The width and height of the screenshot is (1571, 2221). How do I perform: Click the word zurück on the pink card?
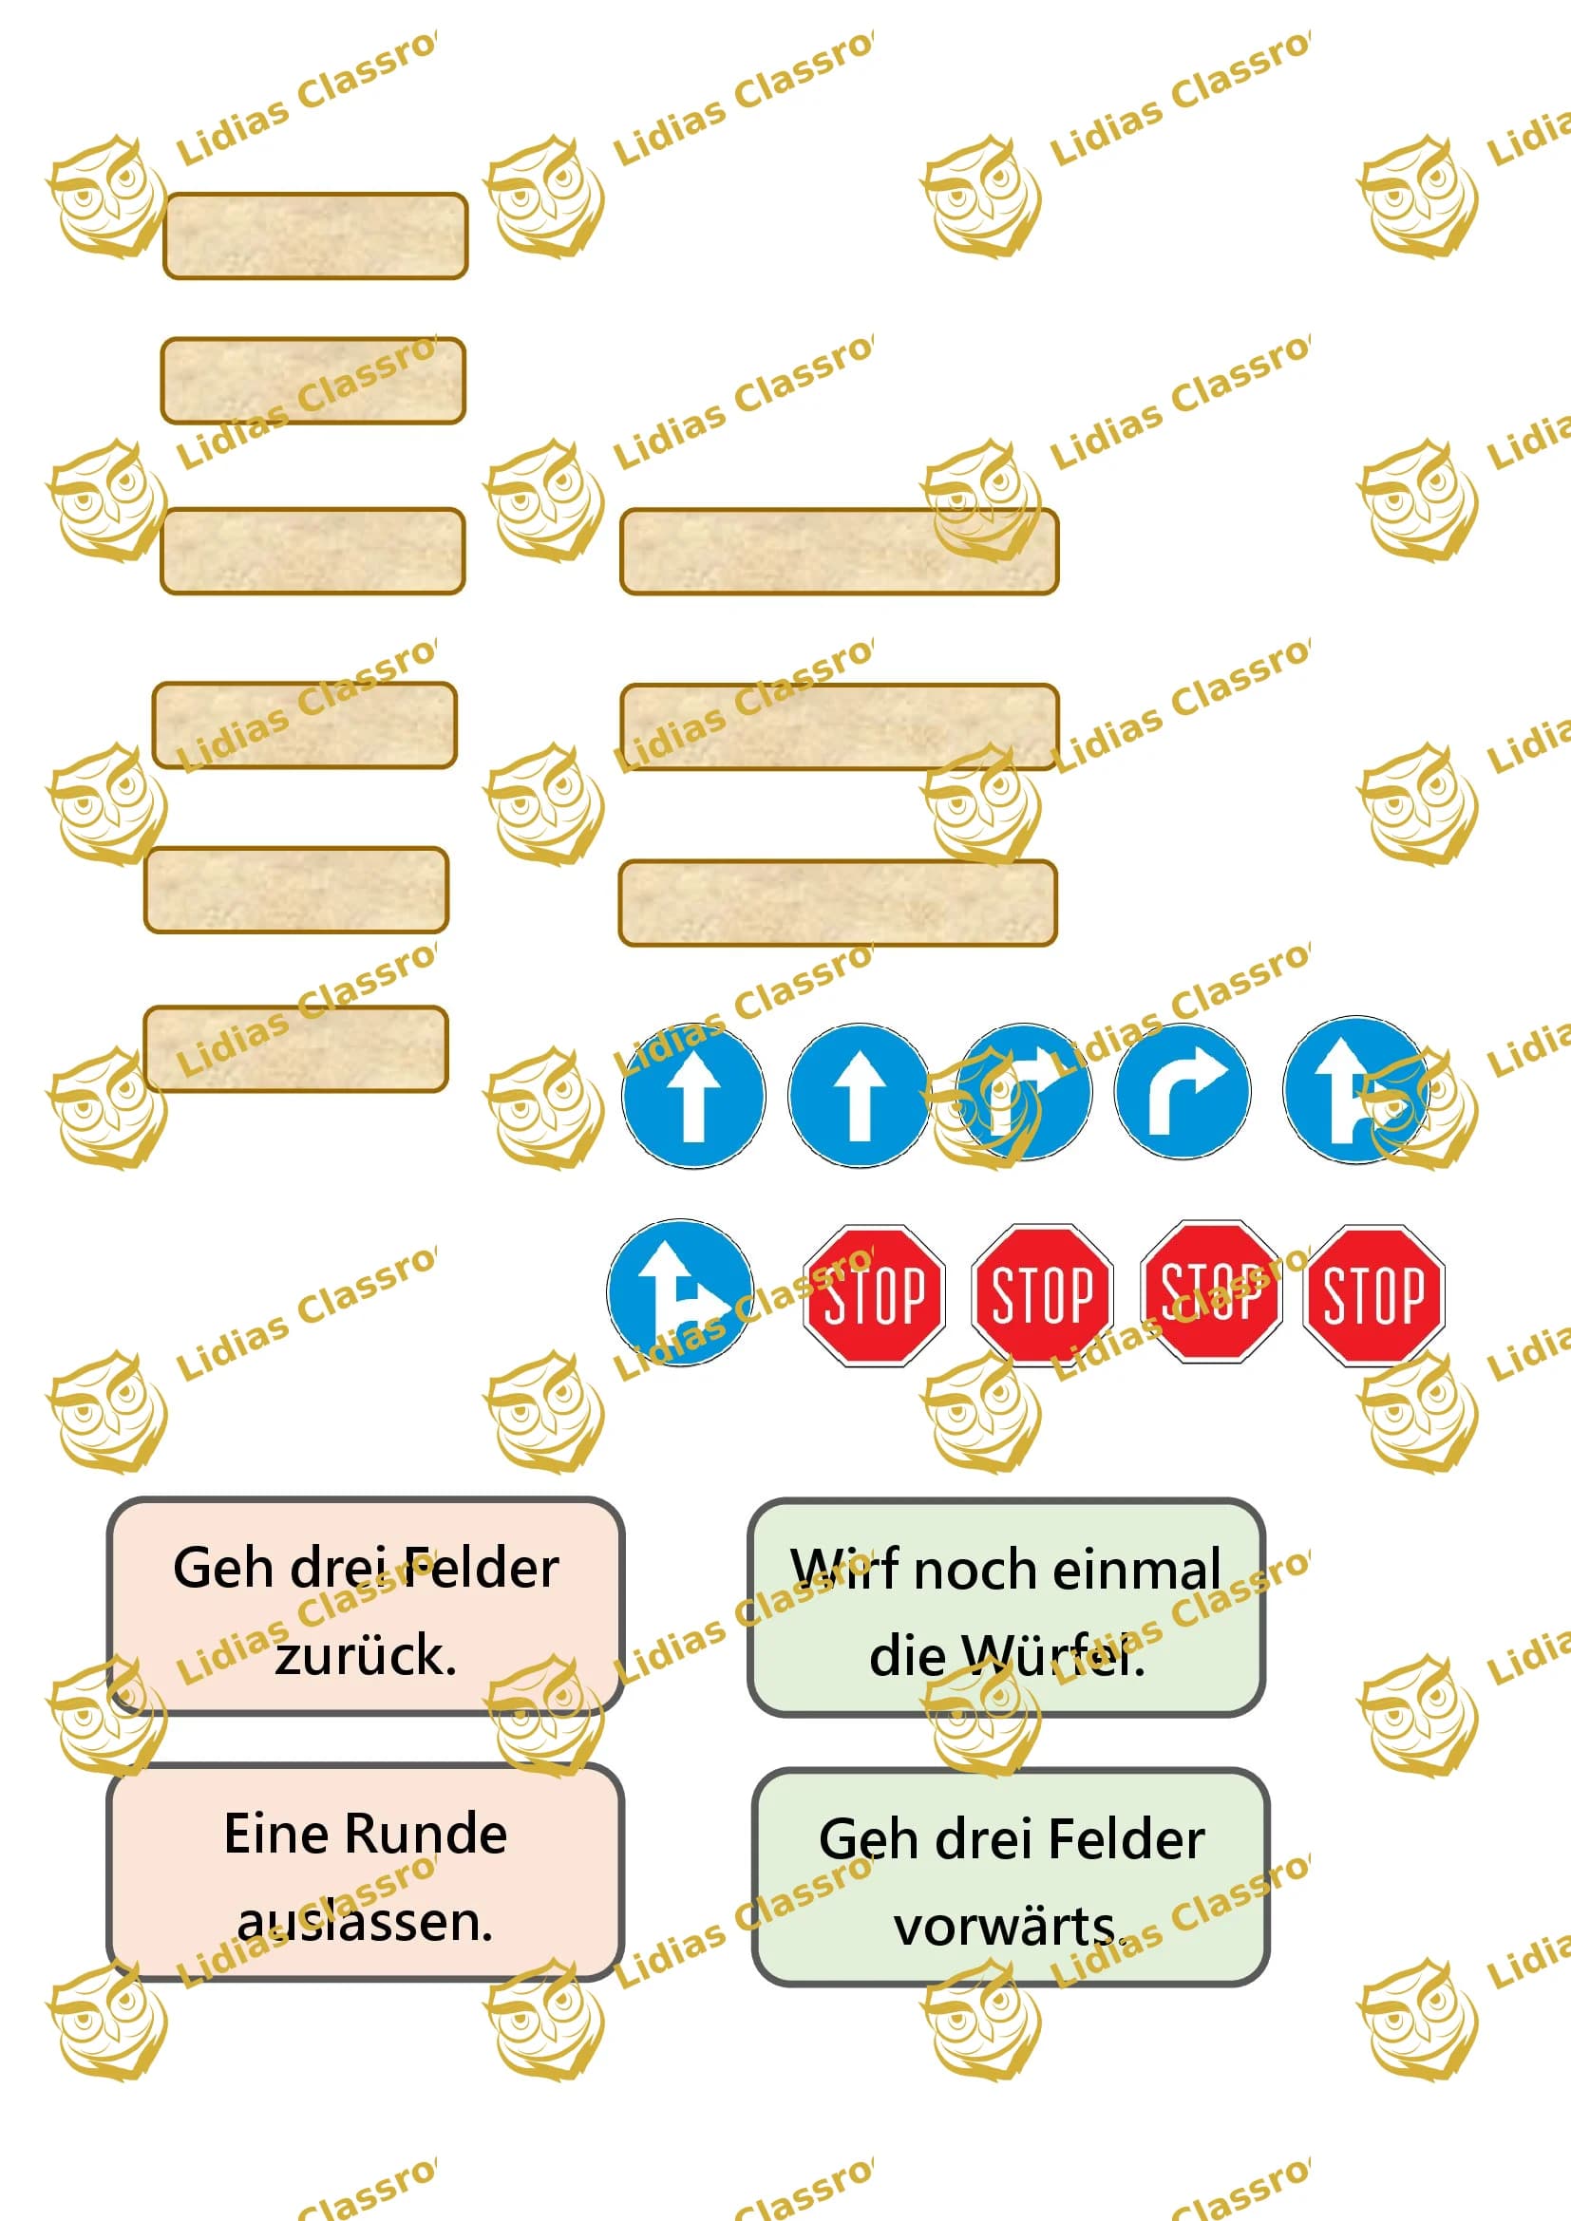point(365,1656)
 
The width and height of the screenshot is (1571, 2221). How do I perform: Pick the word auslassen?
point(365,1922)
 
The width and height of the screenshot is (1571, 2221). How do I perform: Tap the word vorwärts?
point(1010,1927)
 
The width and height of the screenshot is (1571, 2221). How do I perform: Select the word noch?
point(975,1568)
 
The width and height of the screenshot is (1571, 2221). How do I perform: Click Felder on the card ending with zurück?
point(481,1568)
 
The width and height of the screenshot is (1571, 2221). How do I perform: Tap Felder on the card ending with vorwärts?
point(1127,1839)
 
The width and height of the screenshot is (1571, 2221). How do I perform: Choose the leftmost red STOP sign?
point(874,1295)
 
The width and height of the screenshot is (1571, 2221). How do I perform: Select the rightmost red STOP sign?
point(1373,1295)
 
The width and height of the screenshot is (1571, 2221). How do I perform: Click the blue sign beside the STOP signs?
point(680,1292)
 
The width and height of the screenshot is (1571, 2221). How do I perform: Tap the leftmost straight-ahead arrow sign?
point(692,1095)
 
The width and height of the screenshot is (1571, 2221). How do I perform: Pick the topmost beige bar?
point(315,236)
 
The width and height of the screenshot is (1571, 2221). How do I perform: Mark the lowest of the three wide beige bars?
point(838,902)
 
